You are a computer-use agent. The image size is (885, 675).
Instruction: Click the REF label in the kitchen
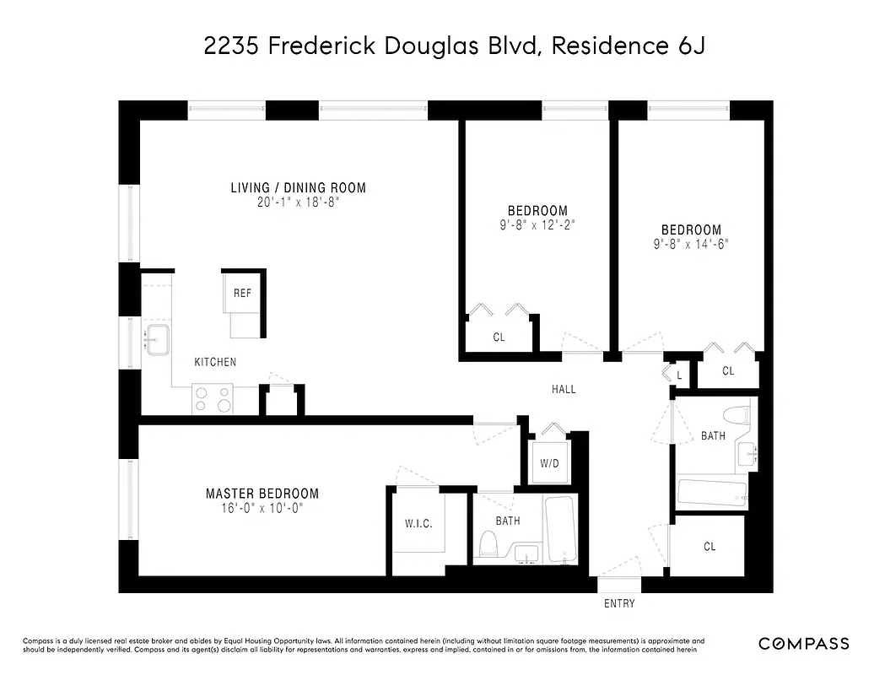242,294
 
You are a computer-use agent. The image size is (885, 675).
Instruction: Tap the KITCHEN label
215,362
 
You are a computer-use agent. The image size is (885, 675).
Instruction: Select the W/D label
549,464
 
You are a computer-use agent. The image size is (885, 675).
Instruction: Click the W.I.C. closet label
418,524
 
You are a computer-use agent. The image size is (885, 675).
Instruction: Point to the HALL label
564,389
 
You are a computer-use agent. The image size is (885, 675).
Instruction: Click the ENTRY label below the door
619,603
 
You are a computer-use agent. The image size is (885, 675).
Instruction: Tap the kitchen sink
158,340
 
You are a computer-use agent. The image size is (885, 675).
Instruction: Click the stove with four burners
213,398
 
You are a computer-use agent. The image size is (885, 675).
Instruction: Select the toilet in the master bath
488,545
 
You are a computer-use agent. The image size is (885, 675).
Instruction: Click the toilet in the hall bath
740,418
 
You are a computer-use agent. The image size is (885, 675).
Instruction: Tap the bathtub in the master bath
560,528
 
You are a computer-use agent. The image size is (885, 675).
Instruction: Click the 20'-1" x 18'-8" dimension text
299,202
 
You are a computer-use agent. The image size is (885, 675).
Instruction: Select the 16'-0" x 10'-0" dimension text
262,508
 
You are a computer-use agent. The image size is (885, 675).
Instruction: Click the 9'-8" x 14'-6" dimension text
691,244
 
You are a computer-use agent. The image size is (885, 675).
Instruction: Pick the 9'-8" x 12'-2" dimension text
537,225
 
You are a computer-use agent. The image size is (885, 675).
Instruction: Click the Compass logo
803,644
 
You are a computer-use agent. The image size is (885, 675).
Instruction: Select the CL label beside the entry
710,547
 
